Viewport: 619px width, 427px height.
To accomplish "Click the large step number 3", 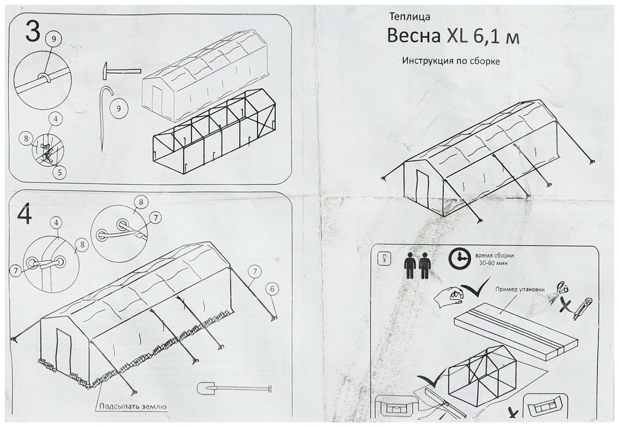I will click(33, 32).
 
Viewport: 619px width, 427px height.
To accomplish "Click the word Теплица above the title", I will click(409, 17).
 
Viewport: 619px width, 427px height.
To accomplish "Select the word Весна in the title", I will click(413, 36).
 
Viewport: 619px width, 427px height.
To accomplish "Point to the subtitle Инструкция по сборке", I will click(451, 61).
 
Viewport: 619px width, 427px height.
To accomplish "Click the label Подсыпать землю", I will click(133, 407).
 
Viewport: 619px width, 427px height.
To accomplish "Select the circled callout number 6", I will click(272, 289).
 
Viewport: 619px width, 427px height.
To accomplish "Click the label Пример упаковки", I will click(520, 289).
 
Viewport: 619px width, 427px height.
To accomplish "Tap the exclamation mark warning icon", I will click(383, 259).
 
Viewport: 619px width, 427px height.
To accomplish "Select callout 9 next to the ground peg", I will click(119, 108).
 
